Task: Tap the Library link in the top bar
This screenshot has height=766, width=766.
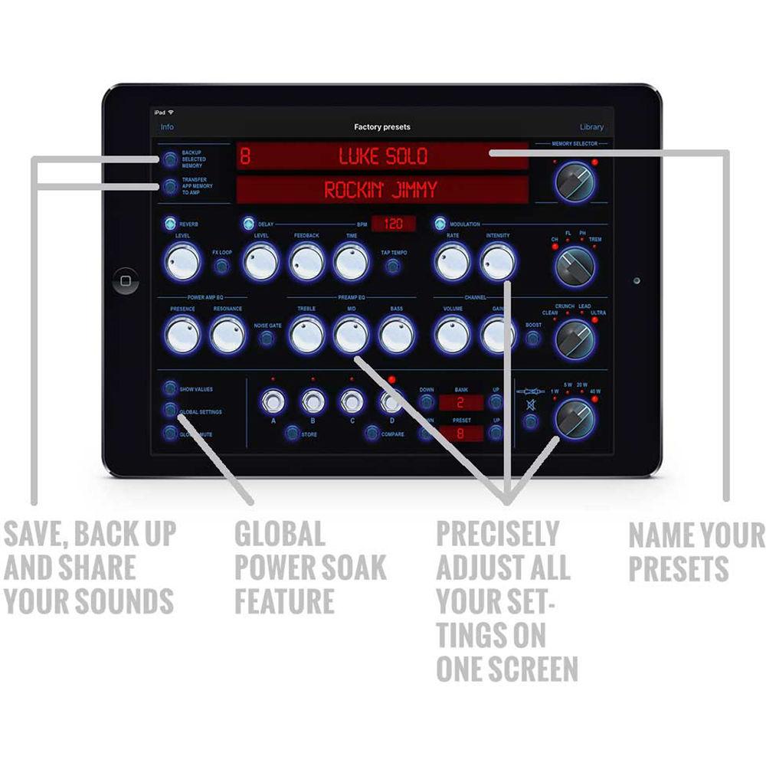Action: tap(591, 127)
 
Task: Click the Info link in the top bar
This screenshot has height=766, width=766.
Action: tap(166, 127)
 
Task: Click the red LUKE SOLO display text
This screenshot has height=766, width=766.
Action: tap(383, 157)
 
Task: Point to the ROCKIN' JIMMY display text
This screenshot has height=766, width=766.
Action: tap(380, 190)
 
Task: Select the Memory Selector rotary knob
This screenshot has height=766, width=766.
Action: tap(575, 182)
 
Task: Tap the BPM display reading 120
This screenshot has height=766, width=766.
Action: tap(394, 224)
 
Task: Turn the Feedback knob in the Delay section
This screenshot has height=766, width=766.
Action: tap(306, 262)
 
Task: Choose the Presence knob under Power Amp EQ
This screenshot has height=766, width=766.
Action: tap(182, 334)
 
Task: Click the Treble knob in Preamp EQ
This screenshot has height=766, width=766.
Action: tap(306, 334)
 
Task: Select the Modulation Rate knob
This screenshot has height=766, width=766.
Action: tap(452, 262)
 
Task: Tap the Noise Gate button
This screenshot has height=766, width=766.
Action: tap(267, 338)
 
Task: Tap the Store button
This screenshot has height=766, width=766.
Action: tap(292, 434)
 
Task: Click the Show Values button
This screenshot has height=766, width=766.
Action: tap(169, 389)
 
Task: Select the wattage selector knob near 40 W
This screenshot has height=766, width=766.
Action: tap(575, 418)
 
